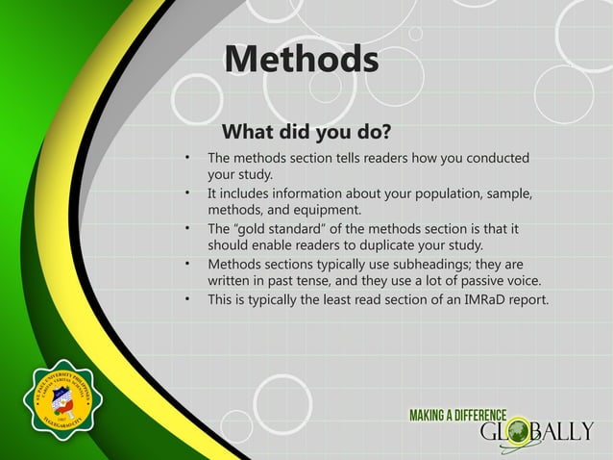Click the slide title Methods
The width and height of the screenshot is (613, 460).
click(301, 60)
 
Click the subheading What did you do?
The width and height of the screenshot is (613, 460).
click(306, 130)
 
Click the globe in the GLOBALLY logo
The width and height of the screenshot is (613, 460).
click(519, 429)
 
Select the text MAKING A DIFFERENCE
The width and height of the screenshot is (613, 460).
click(458, 415)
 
